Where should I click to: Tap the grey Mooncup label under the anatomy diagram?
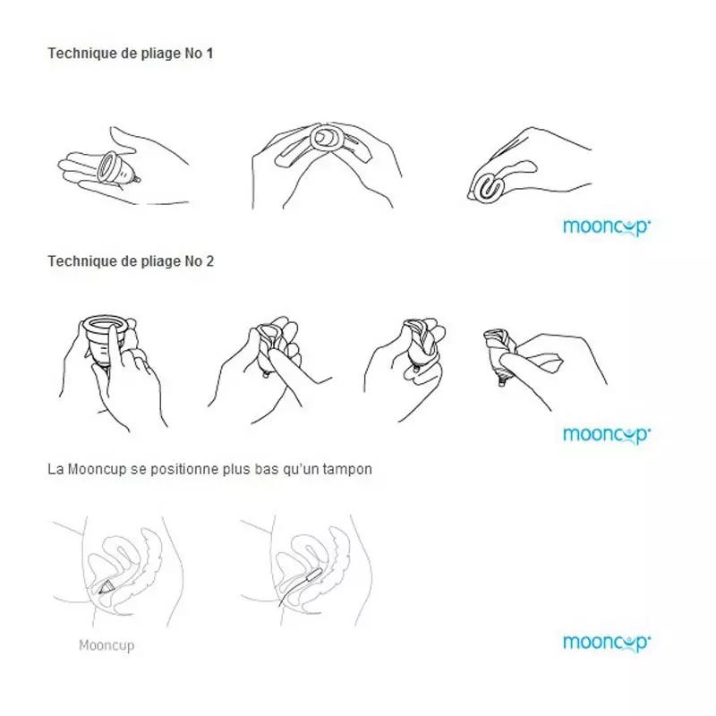(107, 644)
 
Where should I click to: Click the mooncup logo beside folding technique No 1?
(606, 226)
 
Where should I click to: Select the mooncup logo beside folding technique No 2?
(606, 434)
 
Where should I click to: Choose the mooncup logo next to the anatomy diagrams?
(606, 642)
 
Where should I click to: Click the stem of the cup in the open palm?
(138, 181)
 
